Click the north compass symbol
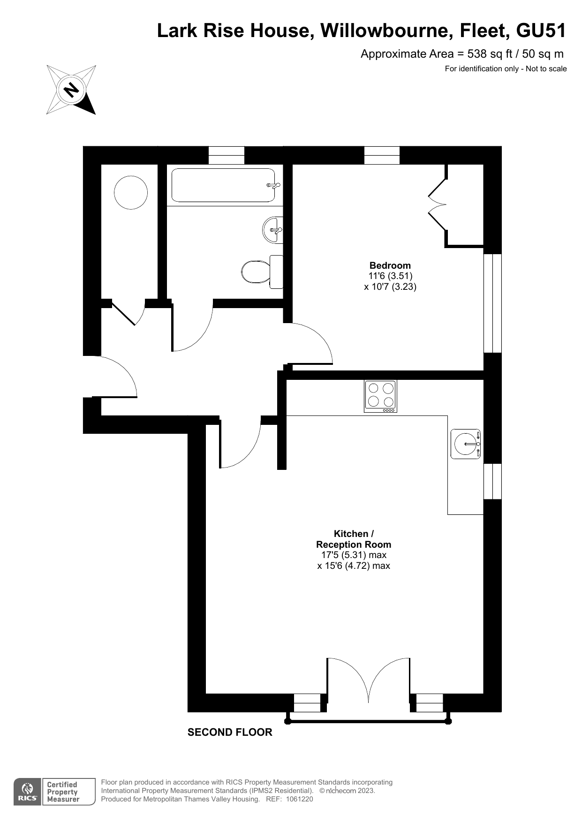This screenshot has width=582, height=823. click(71, 90)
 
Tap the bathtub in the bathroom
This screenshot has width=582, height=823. click(223, 185)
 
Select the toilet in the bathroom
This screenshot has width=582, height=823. click(263, 272)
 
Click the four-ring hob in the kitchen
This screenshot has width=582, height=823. click(380, 396)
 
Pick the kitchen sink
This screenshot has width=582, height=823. click(466, 444)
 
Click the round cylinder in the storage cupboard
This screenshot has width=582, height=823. click(131, 192)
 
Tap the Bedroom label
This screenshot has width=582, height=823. click(390, 265)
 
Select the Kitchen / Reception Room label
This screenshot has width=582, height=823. click(354, 539)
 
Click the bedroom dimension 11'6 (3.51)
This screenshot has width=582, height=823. click(390, 276)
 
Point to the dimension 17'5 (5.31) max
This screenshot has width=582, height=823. click(354, 555)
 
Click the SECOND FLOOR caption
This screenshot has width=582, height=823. click(230, 732)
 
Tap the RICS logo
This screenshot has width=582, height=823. click(28, 792)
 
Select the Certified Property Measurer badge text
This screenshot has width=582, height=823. click(63, 792)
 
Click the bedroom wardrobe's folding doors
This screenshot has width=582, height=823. click(438, 204)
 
